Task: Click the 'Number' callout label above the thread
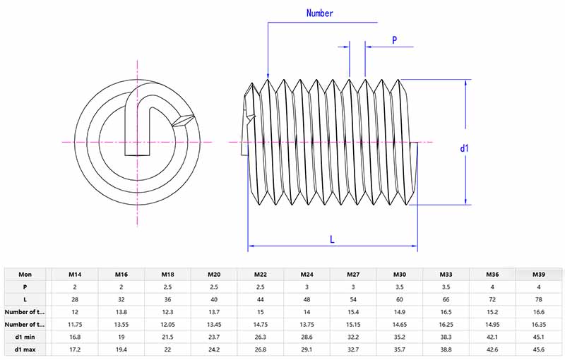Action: coord(319,13)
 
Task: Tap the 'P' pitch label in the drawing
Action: coord(394,40)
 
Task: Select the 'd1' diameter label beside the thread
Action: coord(465,148)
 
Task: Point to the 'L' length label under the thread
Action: coord(332,239)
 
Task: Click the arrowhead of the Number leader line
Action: coord(268,76)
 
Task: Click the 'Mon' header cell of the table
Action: coord(25,274)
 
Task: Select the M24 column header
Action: coord(307,274)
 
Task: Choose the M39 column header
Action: coord(539,274)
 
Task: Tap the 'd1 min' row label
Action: coord(25,337)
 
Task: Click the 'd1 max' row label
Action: coord(25,349)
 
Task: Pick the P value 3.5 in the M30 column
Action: coord(400,287)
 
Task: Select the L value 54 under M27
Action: coord(353,299)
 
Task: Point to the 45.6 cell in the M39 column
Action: coord(539,349)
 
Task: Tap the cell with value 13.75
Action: coord(307,324)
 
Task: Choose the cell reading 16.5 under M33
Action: coord(446,311)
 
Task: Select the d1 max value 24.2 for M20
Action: coord(213,349)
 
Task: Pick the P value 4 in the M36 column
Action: coord(493,287)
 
